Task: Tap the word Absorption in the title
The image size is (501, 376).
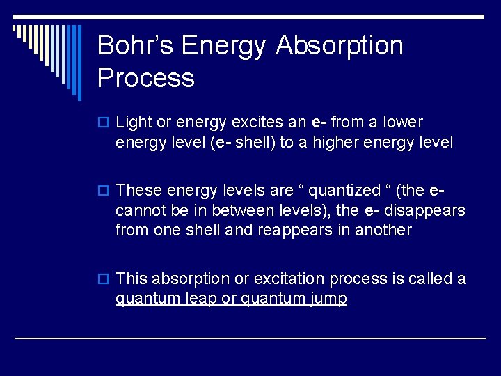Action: [340, 45]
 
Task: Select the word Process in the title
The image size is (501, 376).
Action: [146, 77]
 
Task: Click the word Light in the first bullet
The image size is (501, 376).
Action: [134, 123]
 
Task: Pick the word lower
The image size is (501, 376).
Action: [403, 123]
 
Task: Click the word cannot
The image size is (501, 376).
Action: [138, 210]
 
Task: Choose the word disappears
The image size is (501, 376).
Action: [425, 210]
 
